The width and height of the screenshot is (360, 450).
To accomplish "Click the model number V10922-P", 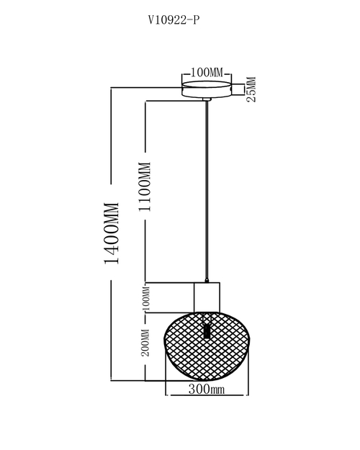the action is coord(174,20).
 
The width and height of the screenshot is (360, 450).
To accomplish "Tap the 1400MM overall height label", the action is coord(112,233).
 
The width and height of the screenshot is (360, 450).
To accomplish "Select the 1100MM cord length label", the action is coord(145,186).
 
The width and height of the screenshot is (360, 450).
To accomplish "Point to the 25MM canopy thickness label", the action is coord(251,89).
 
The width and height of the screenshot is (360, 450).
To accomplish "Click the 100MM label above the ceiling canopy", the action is coord(207,73).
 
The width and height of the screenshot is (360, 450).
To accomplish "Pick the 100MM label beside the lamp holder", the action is coord(146,299).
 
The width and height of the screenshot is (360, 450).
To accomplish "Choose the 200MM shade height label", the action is coord(146,343).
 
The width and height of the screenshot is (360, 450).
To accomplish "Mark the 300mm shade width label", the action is coord(207,389).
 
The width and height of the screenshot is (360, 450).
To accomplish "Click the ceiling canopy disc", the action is coord(207,89).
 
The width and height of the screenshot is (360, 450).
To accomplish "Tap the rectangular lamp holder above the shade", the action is coord(207,297).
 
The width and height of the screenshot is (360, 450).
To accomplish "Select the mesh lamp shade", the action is coord(207,346).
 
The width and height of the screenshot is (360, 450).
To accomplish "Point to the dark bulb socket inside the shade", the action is coord(207,331).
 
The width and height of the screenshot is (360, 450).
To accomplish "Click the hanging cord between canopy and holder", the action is coord(207,190).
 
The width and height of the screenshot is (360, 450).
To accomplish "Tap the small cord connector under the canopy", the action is coord(207,99).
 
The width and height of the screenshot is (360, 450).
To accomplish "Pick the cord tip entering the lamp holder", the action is coord(207,282).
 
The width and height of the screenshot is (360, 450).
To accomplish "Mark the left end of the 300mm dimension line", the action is coord(166,395).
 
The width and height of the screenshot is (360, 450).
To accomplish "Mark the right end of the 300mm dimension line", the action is coord(248,395).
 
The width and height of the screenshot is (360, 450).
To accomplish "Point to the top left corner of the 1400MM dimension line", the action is coord(111,87).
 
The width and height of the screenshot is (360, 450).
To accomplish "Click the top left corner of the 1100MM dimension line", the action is coord(145,101).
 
